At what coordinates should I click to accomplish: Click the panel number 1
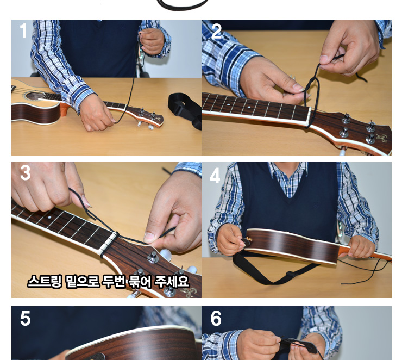[23, 30]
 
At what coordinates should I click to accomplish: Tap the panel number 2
[217, 31]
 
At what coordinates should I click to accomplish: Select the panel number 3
[25, 173]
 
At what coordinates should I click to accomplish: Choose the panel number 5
[25, 319]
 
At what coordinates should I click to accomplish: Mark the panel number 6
[216, 319]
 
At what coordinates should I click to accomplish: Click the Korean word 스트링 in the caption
[45, 282]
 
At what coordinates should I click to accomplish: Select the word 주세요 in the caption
[172, 282]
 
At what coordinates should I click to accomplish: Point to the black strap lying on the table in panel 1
[185, 110]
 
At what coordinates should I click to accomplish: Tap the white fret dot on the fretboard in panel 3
[50, 218]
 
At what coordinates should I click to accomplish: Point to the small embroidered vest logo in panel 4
[316, 204]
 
